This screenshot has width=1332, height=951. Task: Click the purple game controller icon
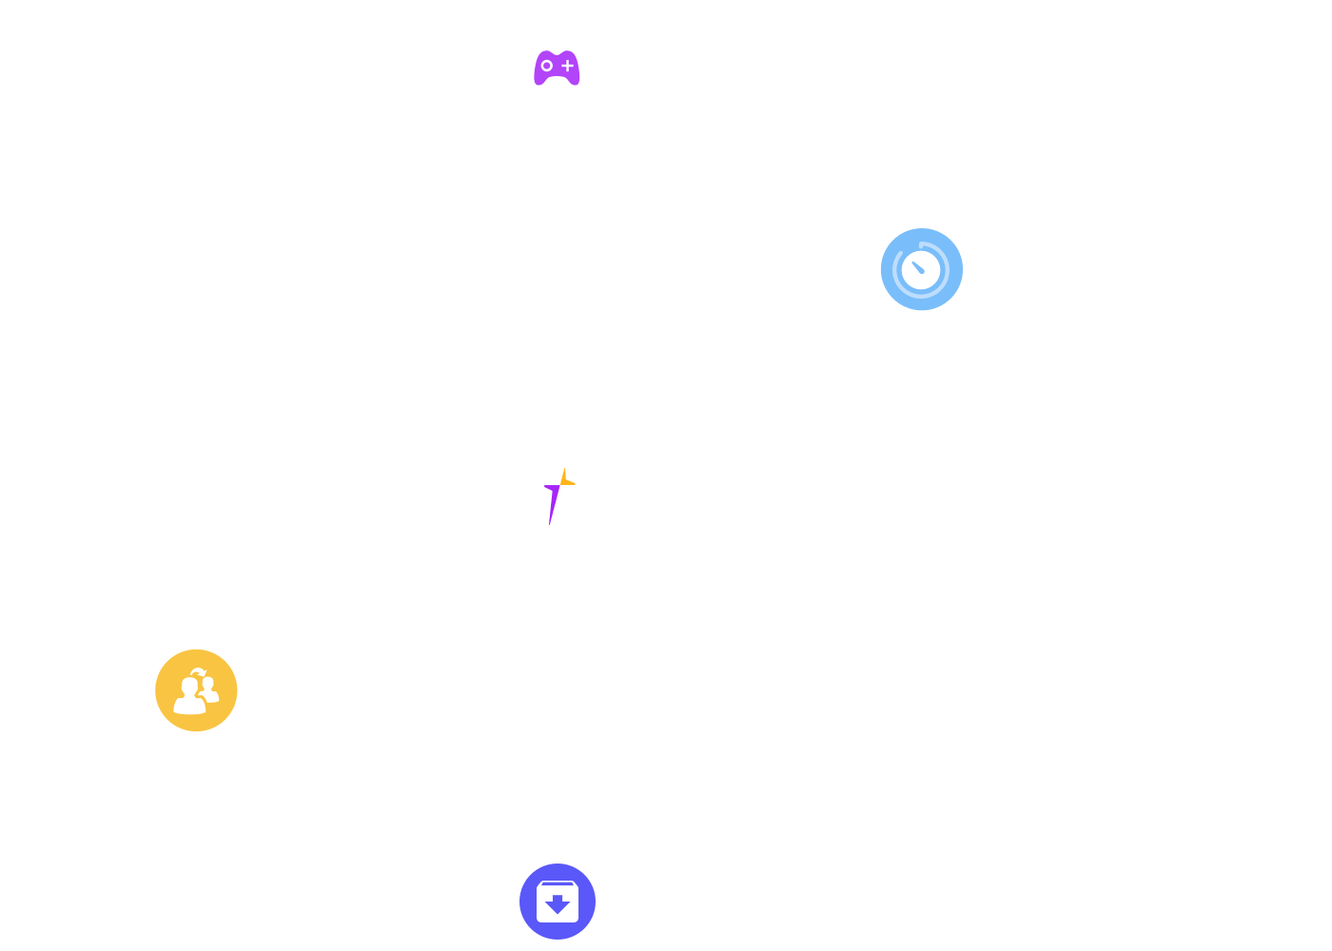[557, 68]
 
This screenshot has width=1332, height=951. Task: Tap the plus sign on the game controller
[568, 66]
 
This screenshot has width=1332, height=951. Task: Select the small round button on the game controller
[546, 66]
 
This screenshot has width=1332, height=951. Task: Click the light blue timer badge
[921, 269]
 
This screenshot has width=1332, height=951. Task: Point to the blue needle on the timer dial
[918, 267]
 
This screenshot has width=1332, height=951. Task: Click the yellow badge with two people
[196, 690]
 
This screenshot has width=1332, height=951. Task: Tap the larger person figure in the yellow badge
[188, 696]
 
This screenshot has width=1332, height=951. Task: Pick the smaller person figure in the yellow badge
[209, 689]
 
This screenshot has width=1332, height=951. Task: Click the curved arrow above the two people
[197, 672]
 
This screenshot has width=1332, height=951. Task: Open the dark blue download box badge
[558, 902]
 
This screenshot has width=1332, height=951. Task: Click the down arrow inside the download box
[558, 903]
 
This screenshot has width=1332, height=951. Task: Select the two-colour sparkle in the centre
[558, 495]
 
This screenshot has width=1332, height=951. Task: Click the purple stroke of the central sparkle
[552, 504]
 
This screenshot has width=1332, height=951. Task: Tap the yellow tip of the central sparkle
[566, 478]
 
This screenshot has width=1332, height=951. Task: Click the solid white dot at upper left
[125, 284]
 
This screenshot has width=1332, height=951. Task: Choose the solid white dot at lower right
[1022, 778]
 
